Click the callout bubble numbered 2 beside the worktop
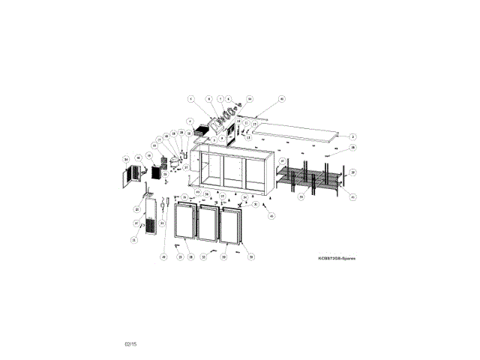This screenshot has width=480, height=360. [x=352, y=136]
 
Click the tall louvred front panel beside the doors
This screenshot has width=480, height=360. [x=150, y=217]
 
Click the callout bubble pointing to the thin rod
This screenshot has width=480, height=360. [x=282, y=98]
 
